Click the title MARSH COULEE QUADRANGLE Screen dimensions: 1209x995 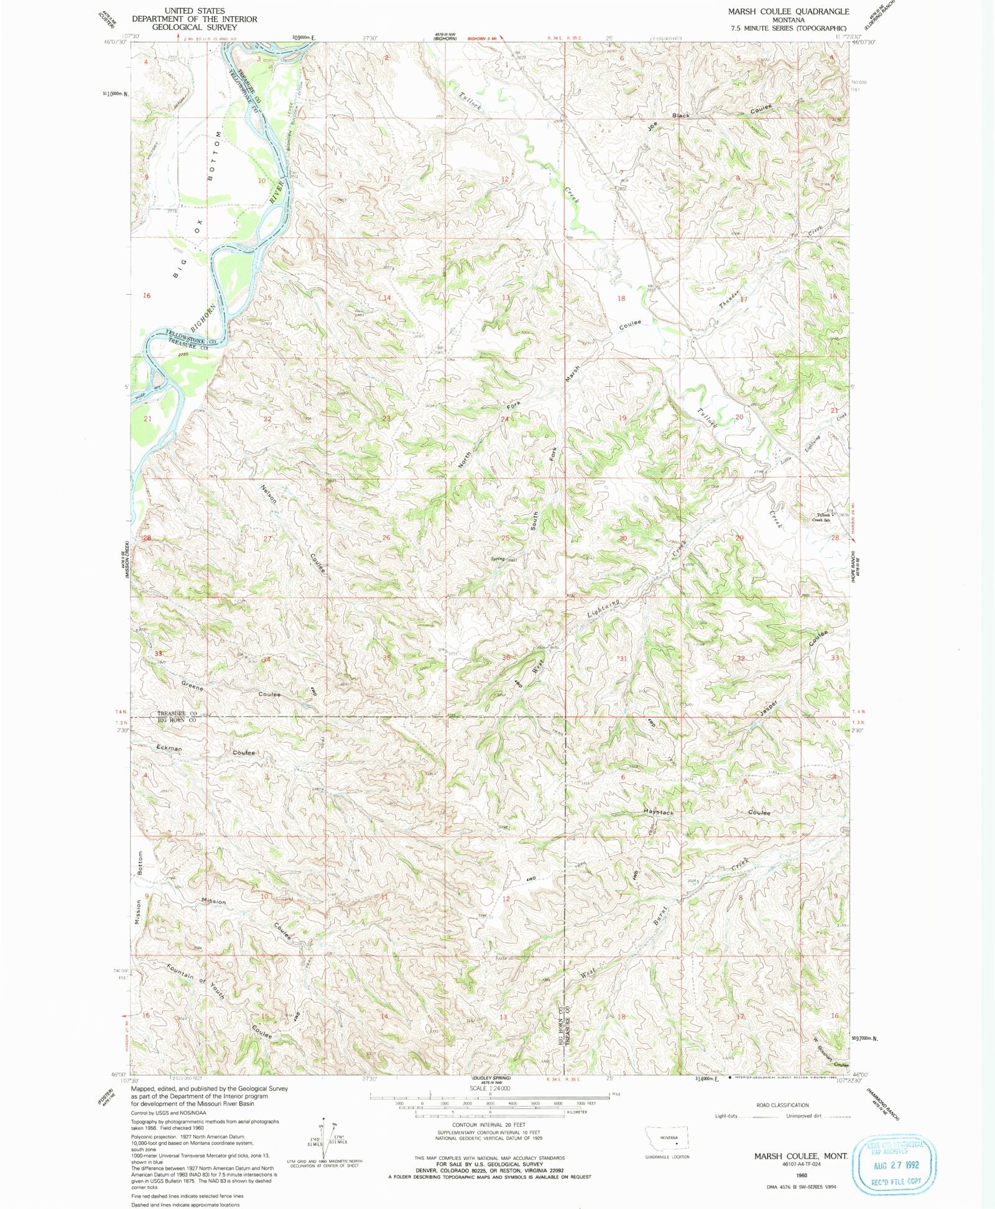point(789,11)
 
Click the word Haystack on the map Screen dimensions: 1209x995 point(658,813)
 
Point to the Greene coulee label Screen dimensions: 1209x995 point(193,687)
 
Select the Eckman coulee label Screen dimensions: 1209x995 point(169,748)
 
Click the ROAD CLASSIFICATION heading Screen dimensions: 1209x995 point(782,1105)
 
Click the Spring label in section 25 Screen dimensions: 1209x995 point(497,558)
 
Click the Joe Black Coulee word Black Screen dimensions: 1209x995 point(680,116)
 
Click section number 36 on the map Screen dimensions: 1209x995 point(506,658)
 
